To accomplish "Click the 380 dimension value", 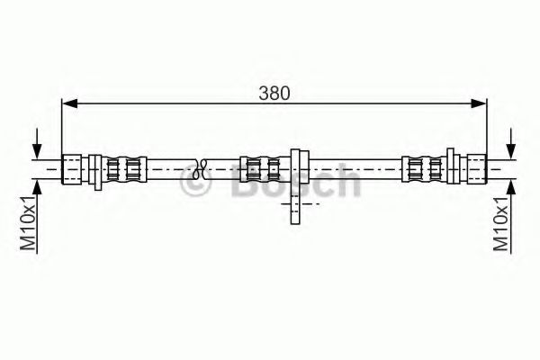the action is [274, 94].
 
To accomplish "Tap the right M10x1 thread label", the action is [501, 224].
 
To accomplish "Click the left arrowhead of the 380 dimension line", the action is [69, 103].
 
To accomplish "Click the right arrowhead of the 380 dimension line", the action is [479, 103].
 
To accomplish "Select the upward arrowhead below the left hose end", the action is [37, 187].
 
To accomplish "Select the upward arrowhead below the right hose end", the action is [511, 187].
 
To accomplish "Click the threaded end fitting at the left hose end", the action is [72, 169].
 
